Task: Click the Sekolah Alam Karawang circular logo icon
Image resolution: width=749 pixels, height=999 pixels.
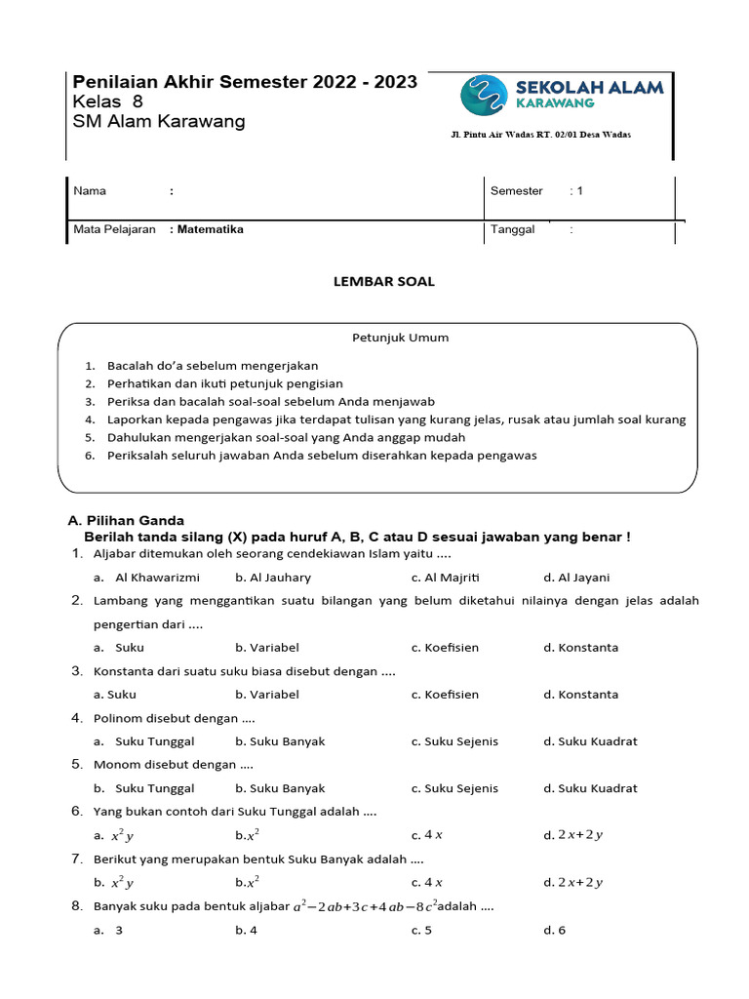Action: click(484, 96)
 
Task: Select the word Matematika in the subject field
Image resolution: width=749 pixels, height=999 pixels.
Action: click(210, 230)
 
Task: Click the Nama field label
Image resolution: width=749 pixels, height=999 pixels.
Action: click(90, 191)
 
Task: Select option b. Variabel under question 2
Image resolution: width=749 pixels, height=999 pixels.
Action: click(266, 648)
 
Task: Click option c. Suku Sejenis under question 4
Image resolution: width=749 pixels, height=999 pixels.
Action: click(454, 741)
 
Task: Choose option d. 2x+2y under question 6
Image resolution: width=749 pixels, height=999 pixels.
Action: click(573, 835)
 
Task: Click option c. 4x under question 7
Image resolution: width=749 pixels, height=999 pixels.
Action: click(427, 883)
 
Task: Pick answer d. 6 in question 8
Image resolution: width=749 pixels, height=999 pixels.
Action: click(554, 930)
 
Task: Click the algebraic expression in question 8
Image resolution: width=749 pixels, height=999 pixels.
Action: click(365, 906)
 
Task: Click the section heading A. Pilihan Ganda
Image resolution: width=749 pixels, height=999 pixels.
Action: click(126, 521)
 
